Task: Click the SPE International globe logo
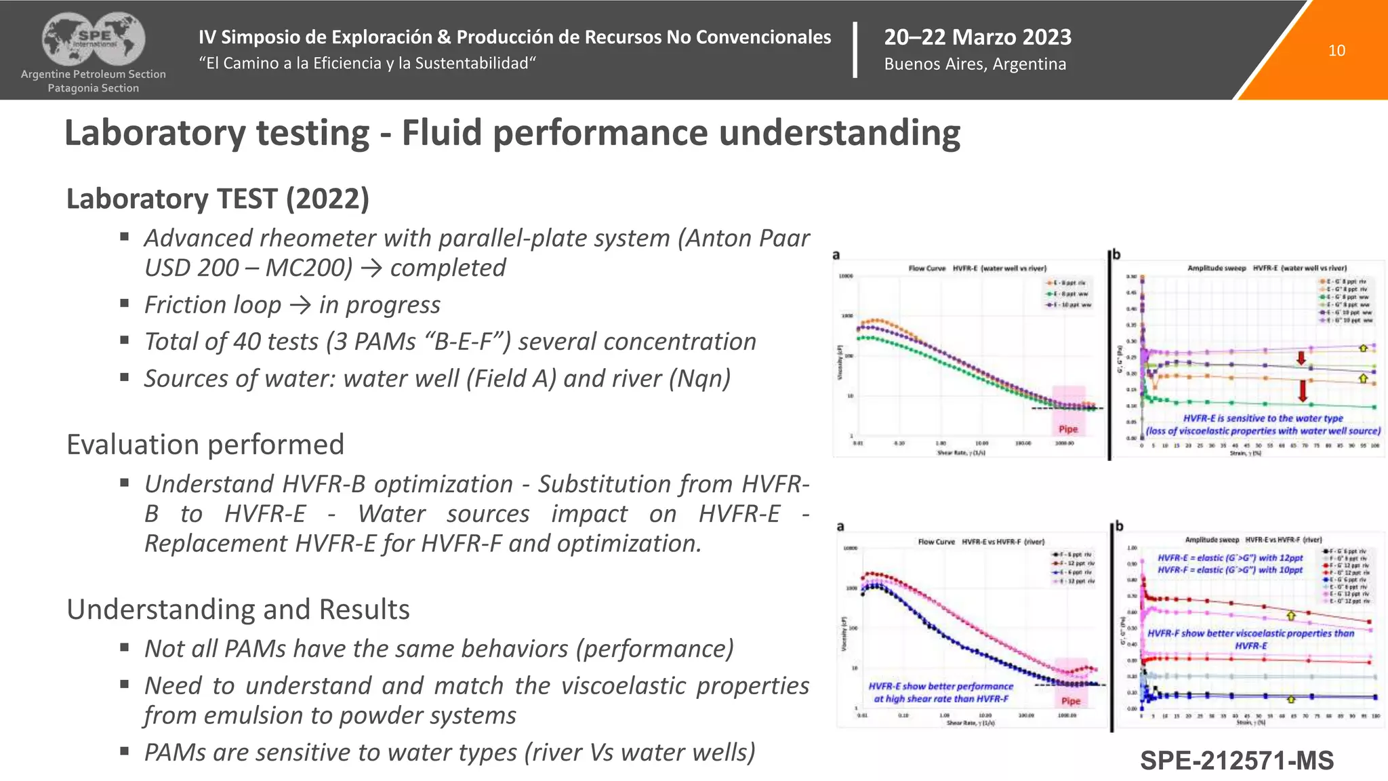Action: click(x=94, y=39)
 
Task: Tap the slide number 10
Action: click(x=1336, y=51)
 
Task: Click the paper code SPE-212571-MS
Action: click(x=1236, y=761)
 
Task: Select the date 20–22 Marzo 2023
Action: click(x=977, y=37)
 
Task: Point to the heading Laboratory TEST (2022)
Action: click(x=218, y=199)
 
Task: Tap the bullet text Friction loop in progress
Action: click(x=292, y=305)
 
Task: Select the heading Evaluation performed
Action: click(x=205, y=445)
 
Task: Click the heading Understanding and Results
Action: click(x=238, y=609)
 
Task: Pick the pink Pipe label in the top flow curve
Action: click(x=1068, y=429)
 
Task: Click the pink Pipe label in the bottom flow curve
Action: click(x=1071, y=701)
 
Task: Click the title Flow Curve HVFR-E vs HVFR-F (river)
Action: click(x=981, y=542)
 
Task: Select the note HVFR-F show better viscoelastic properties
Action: click(x=1250, y=633)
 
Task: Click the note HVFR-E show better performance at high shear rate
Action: click(x=941, y=692)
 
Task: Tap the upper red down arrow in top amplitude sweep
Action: click(x=1301, y=358)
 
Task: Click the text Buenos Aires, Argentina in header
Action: click(x=975, y=64)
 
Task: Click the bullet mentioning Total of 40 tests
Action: click(x=449, y=342)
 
